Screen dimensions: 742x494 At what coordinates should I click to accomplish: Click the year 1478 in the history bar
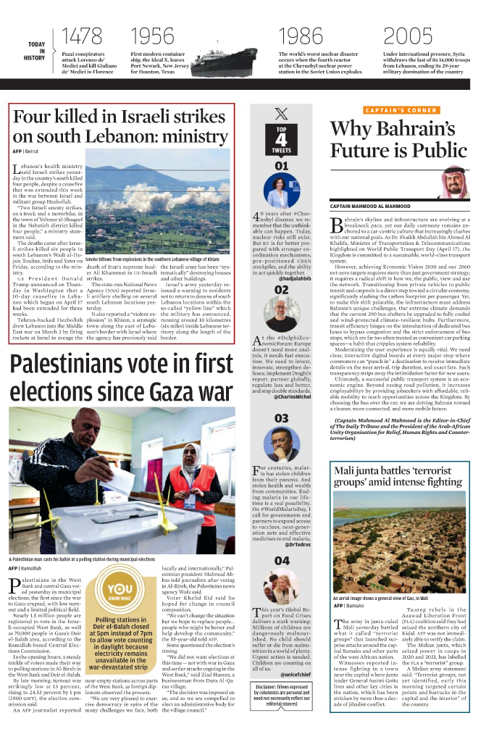pos(82,35)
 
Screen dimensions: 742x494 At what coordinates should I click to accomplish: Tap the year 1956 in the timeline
pos(153,35)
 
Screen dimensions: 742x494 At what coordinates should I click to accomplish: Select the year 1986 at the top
pos(301,35)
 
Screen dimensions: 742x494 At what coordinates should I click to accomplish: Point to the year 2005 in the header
pos(408,35)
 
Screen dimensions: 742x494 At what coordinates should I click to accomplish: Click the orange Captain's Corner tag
pos(401,110)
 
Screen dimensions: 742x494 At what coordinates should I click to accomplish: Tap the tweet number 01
pos(281,166)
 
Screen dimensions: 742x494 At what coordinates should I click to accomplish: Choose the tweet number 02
pos(281,290)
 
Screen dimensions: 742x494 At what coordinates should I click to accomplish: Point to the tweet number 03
pos(281,418)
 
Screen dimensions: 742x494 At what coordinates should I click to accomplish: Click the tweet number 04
pos(281,561)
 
